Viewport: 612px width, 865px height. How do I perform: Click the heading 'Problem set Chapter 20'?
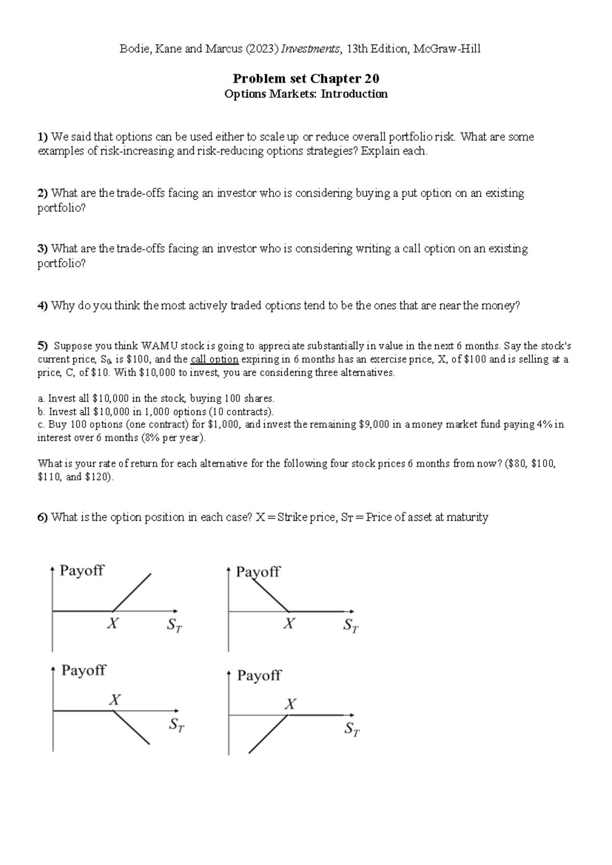point(306,79)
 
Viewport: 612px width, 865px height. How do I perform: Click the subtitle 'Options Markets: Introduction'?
point(306,94)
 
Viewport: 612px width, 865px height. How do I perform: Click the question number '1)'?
point(43,137)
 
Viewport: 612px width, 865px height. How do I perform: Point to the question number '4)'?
point(43,306)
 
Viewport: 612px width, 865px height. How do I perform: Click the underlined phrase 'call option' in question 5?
point(214,359)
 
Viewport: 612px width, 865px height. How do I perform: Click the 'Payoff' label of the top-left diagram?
point(82,570)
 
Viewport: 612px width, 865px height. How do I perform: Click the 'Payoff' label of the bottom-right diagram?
point(259,676)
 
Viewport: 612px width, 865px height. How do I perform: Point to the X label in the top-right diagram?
point(289,623)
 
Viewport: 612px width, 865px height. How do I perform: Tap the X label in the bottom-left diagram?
point(115,700)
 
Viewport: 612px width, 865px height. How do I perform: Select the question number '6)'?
point(43,517)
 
